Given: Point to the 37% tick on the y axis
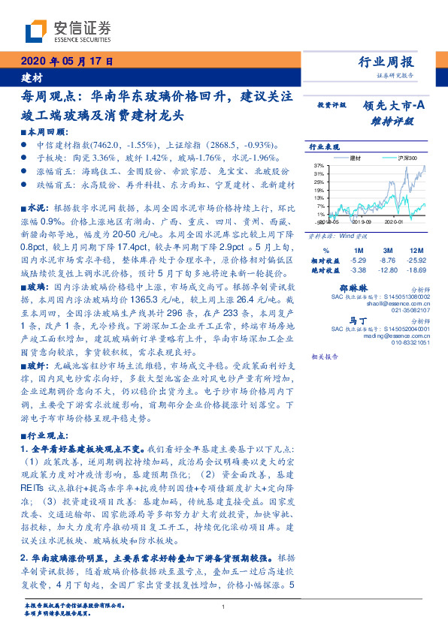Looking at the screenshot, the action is click(x=319, y=164).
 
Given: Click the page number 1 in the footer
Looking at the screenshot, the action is click(x=223, y=607).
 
